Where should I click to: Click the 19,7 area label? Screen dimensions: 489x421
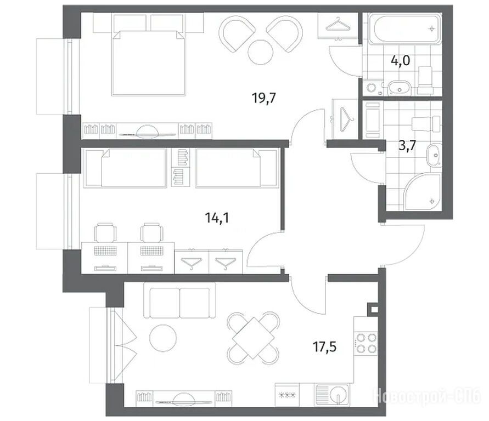click(x=264, y=99)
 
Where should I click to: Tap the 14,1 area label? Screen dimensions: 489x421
click(x=217, y=218)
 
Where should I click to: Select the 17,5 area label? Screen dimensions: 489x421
click(x=325, y=346)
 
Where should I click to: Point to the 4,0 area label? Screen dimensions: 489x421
click(x=401, y=60)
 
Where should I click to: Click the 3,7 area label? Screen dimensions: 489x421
click(x=407, y=145)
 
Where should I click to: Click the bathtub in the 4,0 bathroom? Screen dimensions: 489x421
click(x=405, y=29)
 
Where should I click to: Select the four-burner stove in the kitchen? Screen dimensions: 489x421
click(x=366, y=343)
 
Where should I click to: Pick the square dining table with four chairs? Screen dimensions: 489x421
click(x=254, y=338)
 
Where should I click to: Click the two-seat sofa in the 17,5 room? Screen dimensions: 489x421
click(x=179, y=300)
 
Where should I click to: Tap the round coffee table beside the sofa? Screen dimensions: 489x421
click(x=163, y=338)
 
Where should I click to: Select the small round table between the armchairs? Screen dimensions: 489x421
click(x=261, y=52)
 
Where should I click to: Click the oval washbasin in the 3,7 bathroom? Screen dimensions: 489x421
click(x=434, y=155)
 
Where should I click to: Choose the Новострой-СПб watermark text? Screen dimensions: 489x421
click(x=426, y=396)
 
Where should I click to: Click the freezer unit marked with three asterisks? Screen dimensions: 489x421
click(x=287, y=395)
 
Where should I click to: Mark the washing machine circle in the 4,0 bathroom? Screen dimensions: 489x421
click(x=372, y=87)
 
